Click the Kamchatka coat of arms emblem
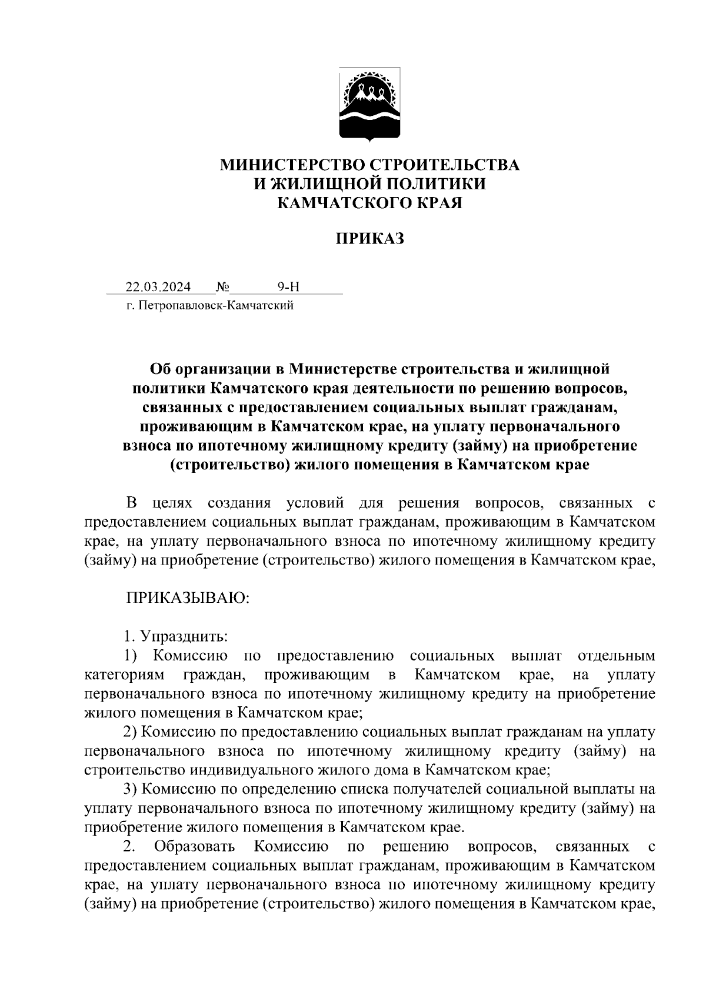(369, 105)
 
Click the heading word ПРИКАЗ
(369, 239)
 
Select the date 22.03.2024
(158, 287)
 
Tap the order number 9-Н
(288, 287)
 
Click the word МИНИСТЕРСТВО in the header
(287, 165)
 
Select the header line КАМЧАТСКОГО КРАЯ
(369, 203)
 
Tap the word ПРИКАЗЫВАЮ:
(188, 599)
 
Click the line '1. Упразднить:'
(175, 637)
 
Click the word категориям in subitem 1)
(124, 675)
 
